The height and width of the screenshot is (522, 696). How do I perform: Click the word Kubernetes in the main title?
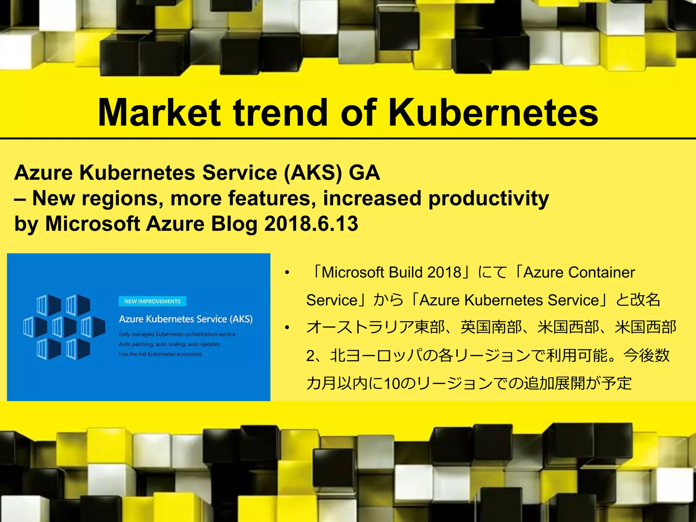(493, 112)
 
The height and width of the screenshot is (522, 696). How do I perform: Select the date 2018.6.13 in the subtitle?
(311, 224)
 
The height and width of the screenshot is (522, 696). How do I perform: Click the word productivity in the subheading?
(488, 198)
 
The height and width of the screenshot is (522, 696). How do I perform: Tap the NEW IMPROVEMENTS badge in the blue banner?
(152, 301)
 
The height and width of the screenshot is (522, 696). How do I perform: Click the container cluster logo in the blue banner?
(64, 327)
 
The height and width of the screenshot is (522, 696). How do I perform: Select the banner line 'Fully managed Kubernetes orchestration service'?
(177, 334)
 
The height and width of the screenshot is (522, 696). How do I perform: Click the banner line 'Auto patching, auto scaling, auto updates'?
(169, 344)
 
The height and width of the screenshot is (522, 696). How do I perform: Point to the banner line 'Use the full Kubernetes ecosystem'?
(160, 354)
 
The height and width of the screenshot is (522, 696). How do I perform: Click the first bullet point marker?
(287, 273)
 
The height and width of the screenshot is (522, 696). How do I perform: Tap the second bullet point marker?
(287, 328)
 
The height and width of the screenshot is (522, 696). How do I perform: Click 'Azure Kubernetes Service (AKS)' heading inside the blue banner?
(186, 319)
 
